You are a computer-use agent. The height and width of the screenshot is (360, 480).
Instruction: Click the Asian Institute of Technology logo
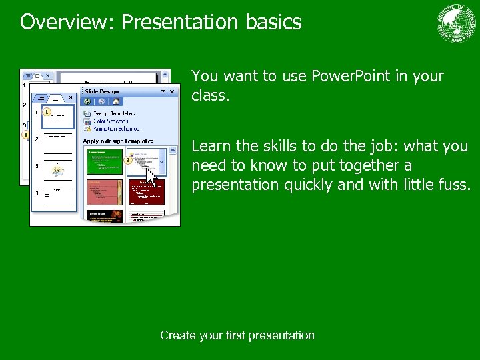click(457, 23)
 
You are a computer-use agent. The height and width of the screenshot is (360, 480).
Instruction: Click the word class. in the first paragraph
click(210, 96)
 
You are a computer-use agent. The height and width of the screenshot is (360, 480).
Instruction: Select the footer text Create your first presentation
click(237, 335)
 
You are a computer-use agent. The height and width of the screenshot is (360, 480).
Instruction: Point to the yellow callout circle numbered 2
click(127, 161)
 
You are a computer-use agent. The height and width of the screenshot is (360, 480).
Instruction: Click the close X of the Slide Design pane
click(172, 91)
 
